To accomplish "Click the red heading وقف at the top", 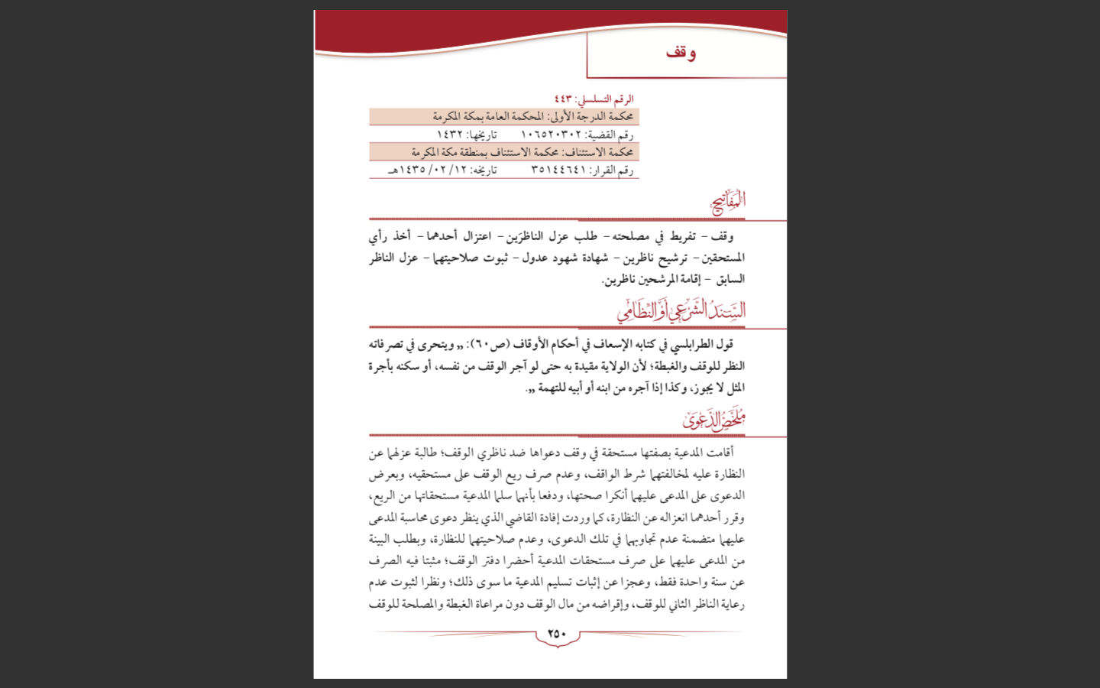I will pos(681,53).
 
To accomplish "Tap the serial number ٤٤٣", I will pos(563,99).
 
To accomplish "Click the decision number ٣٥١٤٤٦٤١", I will pos(558,170).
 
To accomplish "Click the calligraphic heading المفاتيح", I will pos(728,202).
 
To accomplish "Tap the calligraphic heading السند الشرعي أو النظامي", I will pos(681,310).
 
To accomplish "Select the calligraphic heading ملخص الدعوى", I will pos(713,419).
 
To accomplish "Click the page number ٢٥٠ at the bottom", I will pos(557,633).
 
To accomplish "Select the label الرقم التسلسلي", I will pos(605,99).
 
